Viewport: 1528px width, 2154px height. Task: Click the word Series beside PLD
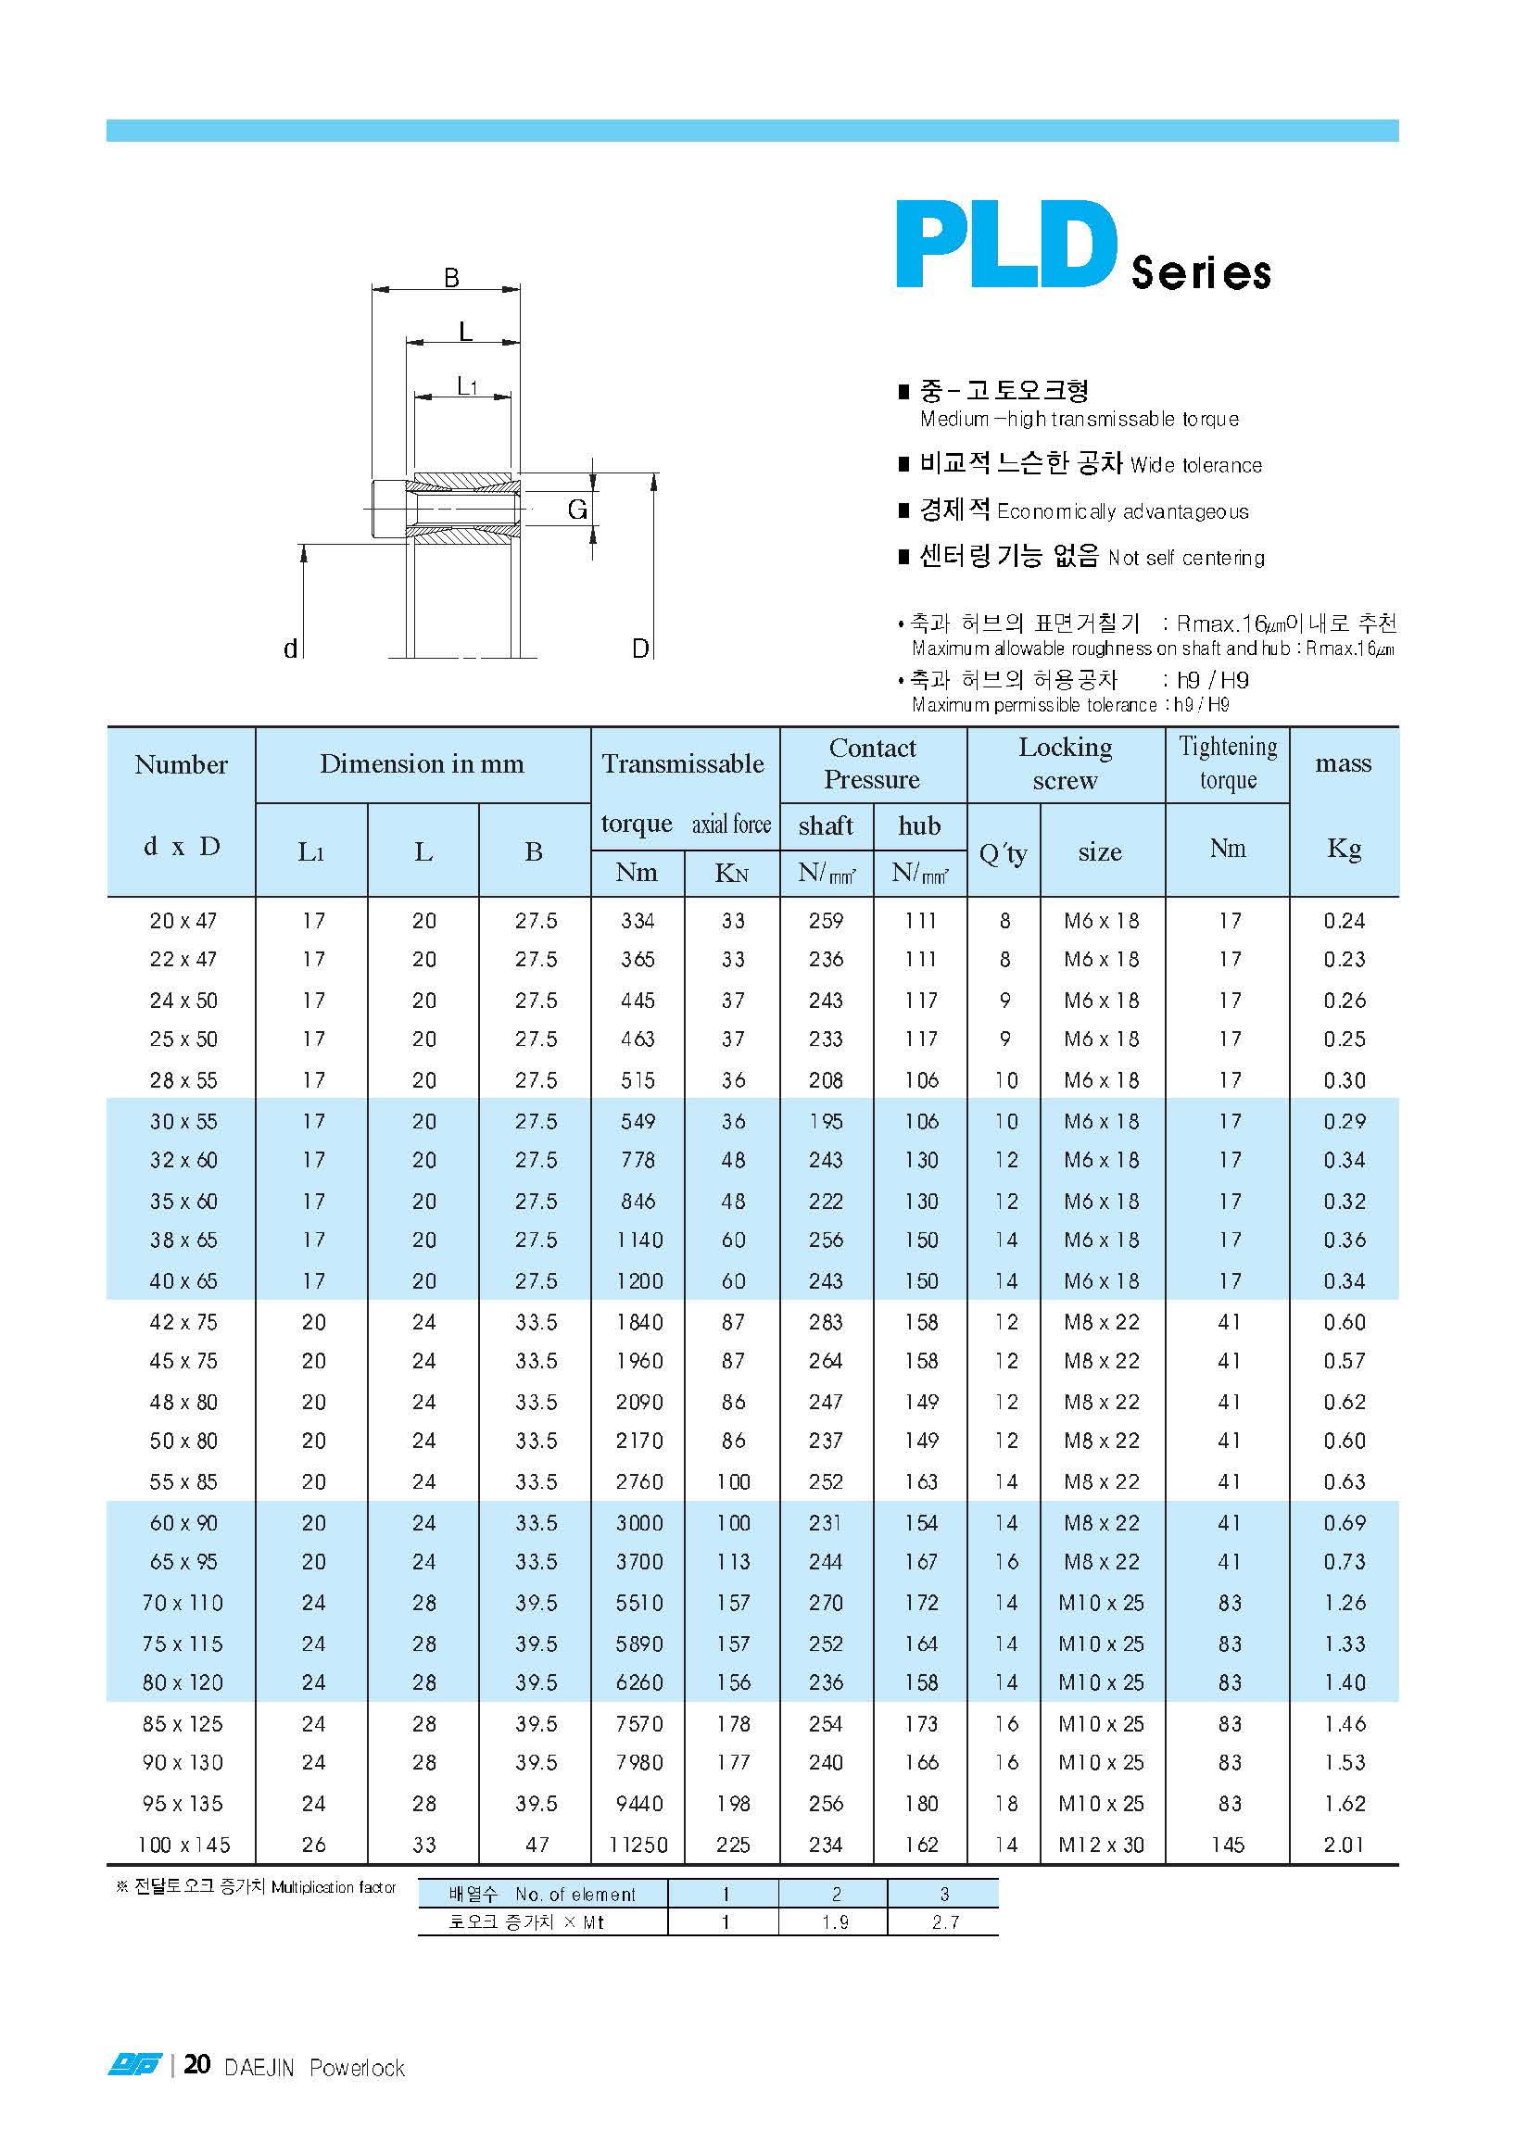pos(1201,271)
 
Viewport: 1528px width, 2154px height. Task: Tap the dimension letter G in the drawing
pos(576,509)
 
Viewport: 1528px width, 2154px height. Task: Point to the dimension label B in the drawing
pos(451,278)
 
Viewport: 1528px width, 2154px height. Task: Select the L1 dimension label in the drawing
pos(467,385)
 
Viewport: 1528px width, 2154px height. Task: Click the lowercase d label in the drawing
pos(291,649)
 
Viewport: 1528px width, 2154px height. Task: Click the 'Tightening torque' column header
pos(1228,762)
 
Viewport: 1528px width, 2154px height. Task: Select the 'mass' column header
pos(1343,762)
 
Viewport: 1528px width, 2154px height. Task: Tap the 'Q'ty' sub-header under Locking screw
pos(1003,852)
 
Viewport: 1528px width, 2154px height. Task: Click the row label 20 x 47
pos(183,921)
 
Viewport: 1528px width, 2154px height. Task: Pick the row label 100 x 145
pos(183,1845)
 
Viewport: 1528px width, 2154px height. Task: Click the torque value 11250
pos(638,1845)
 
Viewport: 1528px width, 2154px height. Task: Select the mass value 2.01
pos(1344,1845)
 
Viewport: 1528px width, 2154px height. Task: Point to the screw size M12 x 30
pos(1101,1845)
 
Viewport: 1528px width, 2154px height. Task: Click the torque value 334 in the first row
pos(638,921)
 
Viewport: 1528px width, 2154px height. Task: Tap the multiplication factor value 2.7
pos(944,1921)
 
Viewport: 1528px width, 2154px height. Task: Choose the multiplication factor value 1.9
pos(835,1921)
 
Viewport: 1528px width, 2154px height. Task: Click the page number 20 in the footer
pos(196,2065)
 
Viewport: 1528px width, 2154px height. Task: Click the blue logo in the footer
pos(134,2066)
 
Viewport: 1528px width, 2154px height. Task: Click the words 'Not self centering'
pos(1185,558)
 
